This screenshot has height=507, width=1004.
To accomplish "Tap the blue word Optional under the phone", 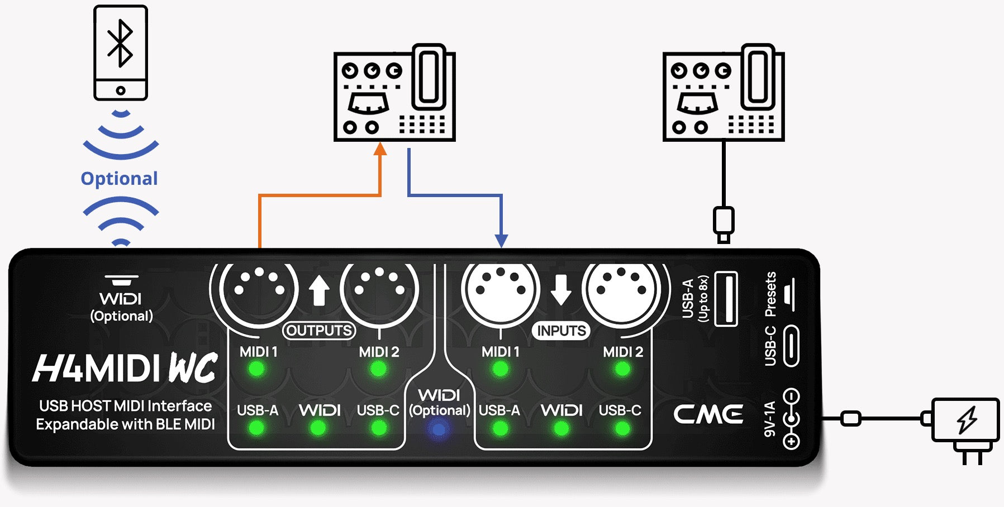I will click(119, 179).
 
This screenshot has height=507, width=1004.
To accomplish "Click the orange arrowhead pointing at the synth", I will click(380, 149).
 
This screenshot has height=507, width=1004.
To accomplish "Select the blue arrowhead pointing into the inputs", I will click(502, 240).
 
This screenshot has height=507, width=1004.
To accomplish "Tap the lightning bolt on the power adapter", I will click(967, 419).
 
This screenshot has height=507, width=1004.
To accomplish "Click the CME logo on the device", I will click(708, 414).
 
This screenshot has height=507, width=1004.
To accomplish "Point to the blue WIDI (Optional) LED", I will click(439, 429).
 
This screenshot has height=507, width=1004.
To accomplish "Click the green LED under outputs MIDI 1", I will click(257, 369).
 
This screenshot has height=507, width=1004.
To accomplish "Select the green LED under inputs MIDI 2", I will click(622, 369).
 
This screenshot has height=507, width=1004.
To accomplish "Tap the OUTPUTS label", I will click(319, 331).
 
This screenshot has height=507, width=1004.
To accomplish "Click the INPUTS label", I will click(561, 331).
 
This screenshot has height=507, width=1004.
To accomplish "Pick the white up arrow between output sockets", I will click(319, 291).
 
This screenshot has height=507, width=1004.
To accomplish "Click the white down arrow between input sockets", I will click(561, 290).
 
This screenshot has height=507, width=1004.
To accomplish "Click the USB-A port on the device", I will click(726, 299).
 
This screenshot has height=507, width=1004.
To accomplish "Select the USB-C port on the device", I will click(791, 346).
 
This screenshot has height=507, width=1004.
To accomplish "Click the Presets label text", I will click(770, 294).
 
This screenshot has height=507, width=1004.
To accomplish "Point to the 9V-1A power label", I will click(769, 419).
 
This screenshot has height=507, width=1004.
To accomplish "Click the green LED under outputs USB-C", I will click(379, 428).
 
